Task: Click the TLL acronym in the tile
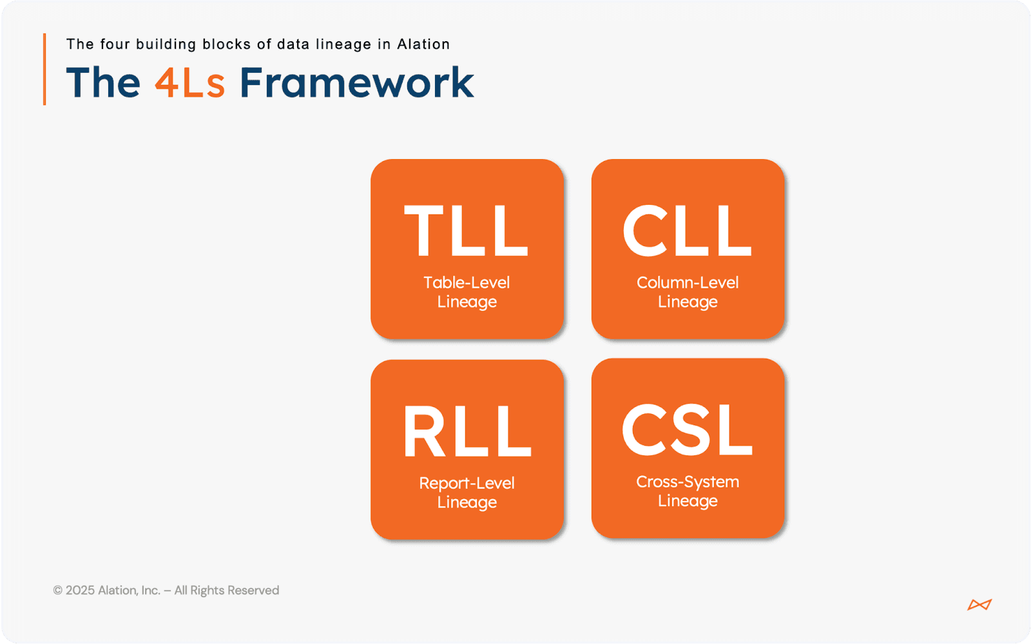467,230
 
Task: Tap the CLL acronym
687,230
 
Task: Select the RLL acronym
467,431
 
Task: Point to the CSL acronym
687,429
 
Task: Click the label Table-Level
467,283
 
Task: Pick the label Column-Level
688,283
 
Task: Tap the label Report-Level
467,483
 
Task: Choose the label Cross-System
688,482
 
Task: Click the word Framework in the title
357,82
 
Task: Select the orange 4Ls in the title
189,83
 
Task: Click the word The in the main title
103,82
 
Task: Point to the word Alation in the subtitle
423,44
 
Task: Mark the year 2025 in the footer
80,590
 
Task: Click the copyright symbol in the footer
57,590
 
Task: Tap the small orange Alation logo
979,605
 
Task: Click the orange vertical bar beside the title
44,69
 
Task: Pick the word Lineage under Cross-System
688,501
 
